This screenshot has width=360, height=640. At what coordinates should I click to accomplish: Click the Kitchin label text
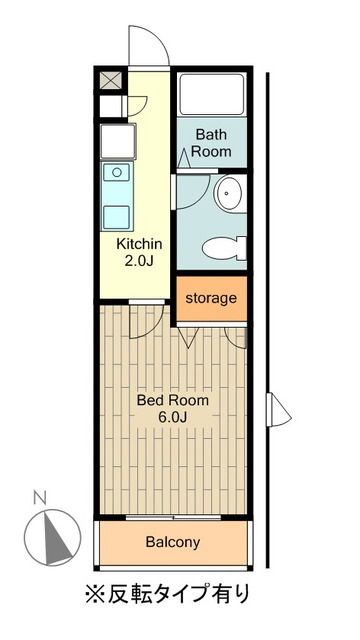[139, 244]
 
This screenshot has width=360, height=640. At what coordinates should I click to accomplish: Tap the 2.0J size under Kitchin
[139, 262]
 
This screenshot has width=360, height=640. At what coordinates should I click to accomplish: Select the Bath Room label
[212, 142]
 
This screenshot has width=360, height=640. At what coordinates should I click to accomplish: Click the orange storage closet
[211, 298]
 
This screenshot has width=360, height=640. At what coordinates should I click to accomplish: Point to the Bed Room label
[173, 400]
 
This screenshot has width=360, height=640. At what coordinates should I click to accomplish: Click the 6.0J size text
[173, 418]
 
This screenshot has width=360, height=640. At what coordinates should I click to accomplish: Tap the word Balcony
[173, 543]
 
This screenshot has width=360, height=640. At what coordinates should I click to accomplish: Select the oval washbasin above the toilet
[229, 194]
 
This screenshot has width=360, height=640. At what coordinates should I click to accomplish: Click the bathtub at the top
[212, 97]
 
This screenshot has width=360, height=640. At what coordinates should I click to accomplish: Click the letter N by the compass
[38, 497]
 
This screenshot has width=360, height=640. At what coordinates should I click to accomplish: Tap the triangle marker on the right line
[280, 409]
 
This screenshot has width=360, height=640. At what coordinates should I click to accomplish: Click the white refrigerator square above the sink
[112, 141]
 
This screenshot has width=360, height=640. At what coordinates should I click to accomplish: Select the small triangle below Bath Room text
[185, 154]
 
